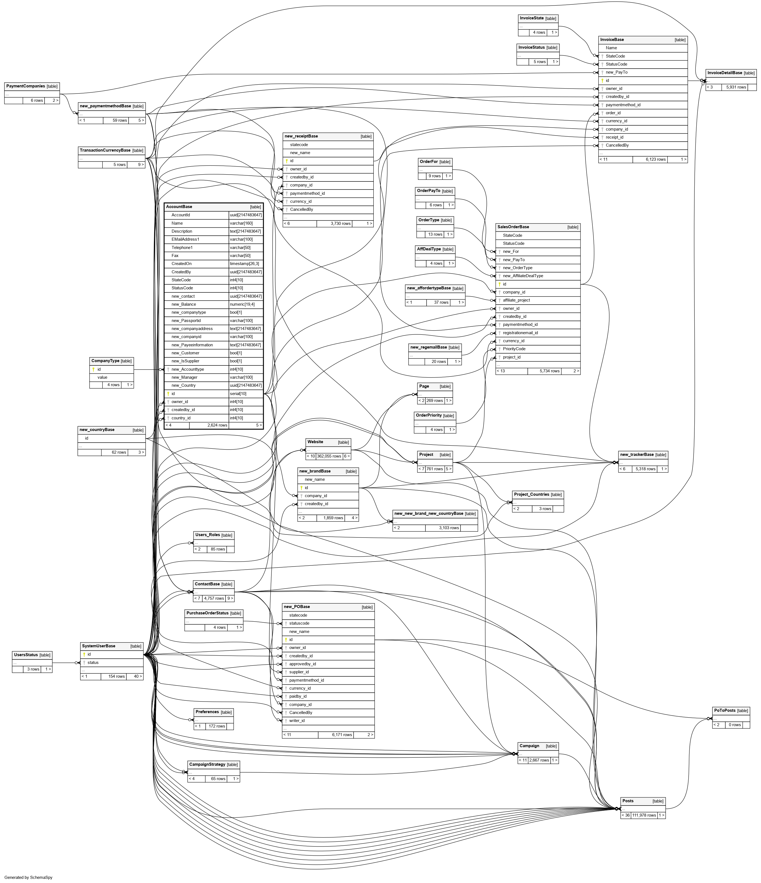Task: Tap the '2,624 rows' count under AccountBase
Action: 217,425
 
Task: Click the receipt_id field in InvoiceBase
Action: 614,137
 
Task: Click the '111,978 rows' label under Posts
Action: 644,815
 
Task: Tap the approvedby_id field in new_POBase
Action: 302,664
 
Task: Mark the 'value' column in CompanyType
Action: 102,377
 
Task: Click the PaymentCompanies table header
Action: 25,86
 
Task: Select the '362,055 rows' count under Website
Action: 329,456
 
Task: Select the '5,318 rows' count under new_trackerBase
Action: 645,469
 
